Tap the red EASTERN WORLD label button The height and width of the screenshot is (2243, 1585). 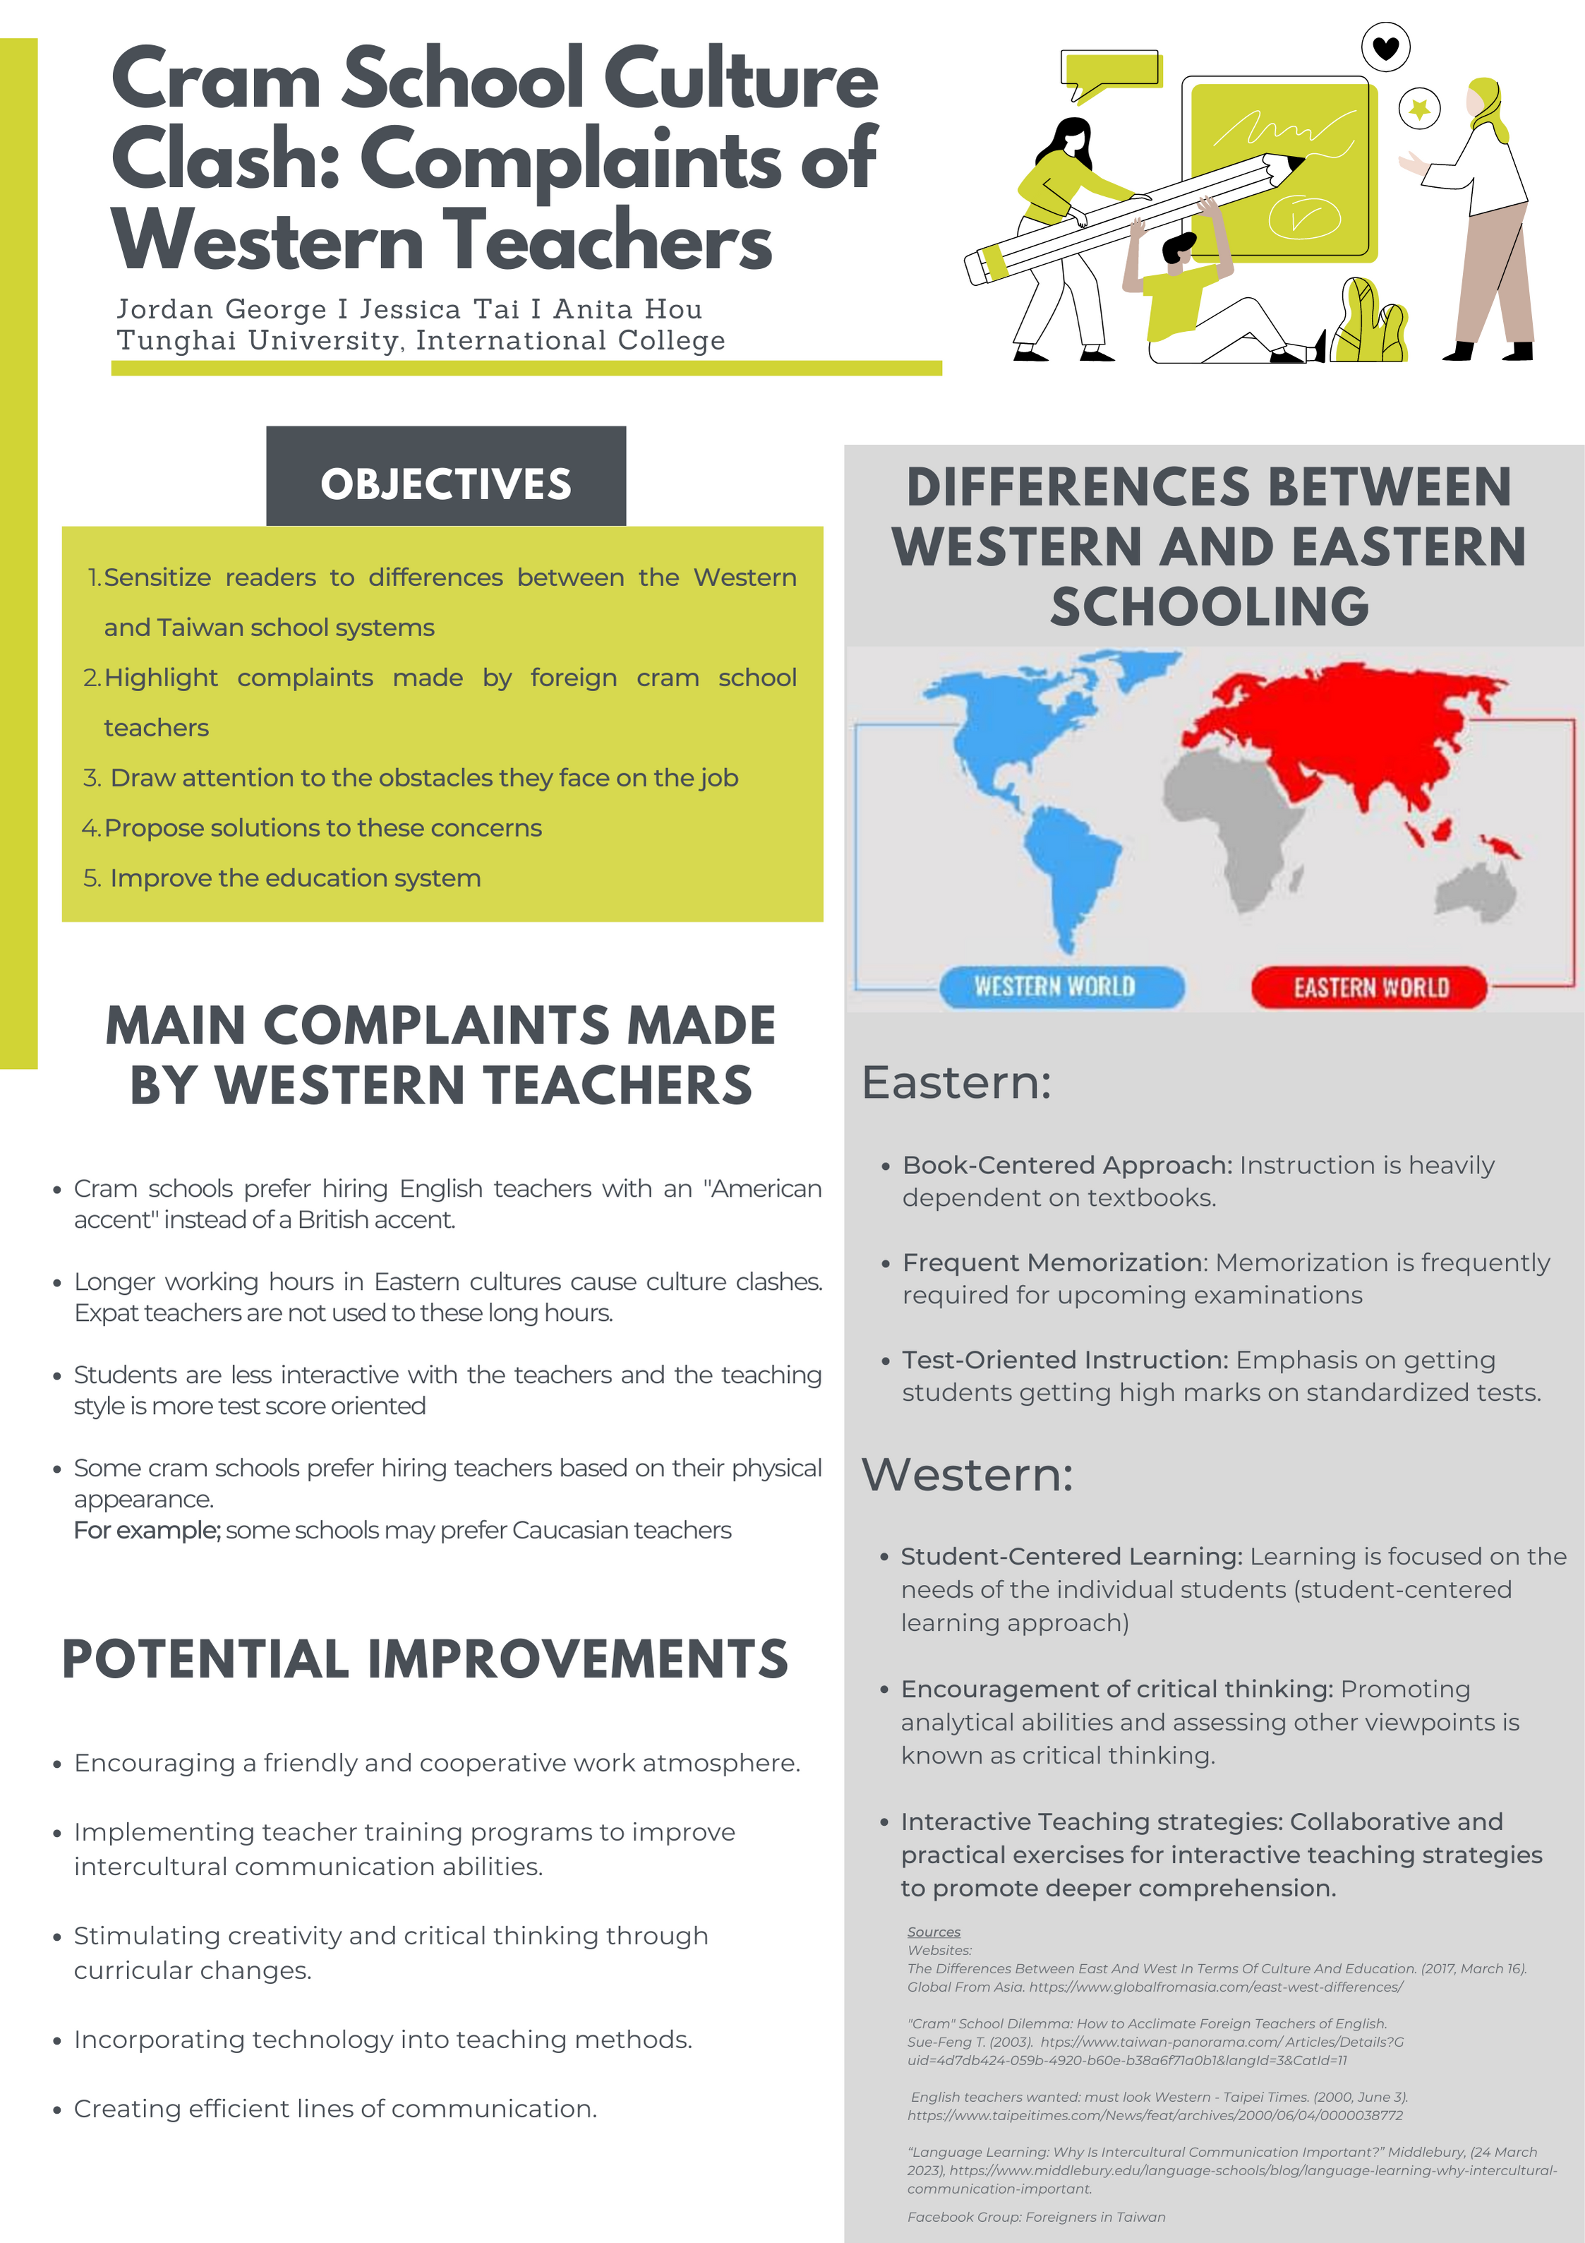click(1369, 987)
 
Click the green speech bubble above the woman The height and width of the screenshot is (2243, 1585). click(1110, 71)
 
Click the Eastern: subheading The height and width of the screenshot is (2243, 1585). click(955, 1082)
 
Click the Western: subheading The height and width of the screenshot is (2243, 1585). click(966, 1474)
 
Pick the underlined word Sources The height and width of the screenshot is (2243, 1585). click(933, 1932)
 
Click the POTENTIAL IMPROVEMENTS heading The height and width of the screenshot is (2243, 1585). click(424, 1659)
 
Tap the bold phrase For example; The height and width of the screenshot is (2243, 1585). click(147, 1530)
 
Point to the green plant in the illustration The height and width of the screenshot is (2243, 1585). click(1370, 323)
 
